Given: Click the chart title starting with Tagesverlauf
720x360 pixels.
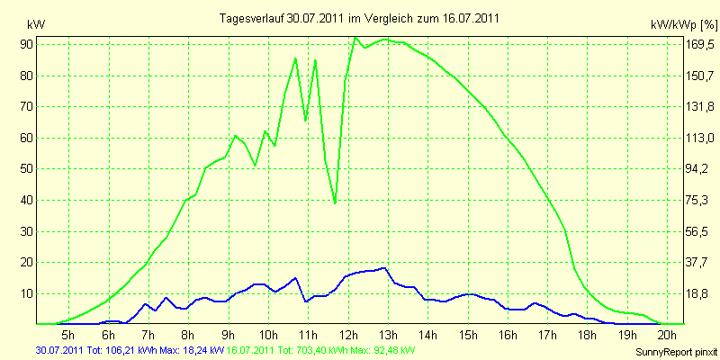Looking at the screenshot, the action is [x=359, y=18].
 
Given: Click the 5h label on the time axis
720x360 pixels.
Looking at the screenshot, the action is [x=68, y=333].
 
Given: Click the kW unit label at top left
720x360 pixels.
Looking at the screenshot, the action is [x=36, y=25].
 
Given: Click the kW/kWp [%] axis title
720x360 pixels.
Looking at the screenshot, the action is [x=683, y=25].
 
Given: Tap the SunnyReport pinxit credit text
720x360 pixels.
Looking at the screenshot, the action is [x=676, y=353].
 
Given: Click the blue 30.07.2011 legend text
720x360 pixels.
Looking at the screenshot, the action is [x=130, y=351].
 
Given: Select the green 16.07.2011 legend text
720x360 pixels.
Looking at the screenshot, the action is [x=319, y=351].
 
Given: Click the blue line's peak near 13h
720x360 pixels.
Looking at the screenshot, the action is [x=384, y=267].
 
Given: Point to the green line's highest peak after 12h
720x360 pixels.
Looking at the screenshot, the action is [x=355, y=37].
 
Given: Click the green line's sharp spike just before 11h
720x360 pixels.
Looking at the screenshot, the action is [x=295, y=58].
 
